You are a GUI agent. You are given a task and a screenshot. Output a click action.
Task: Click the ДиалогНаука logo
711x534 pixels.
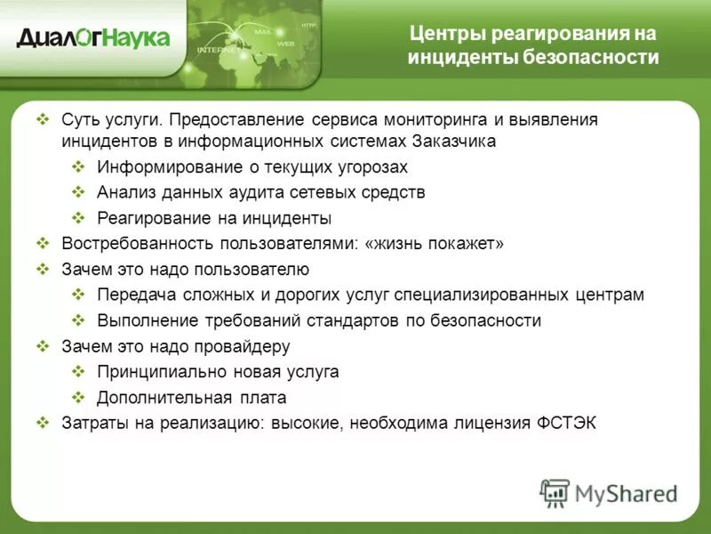pyautogui.click(x=93, y=38)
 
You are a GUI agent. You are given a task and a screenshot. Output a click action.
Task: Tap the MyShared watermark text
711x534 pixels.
pyautogui.click(x=627, y=493)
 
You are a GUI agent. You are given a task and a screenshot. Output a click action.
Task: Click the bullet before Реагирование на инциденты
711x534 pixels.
pyautogui.click(x=78, y=218)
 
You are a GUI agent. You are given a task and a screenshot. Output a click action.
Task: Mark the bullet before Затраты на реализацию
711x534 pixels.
pyautogui.click(x=43, y=424)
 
